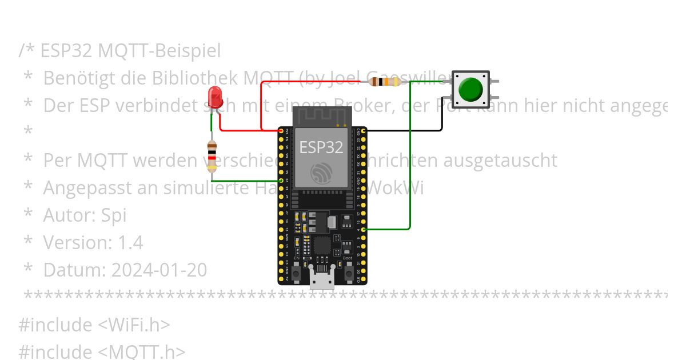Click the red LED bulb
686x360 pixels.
point(215,95)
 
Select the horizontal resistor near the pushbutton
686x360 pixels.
point(384,82)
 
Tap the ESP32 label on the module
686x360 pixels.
point(321,147)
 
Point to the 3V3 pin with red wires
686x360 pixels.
point(281,131)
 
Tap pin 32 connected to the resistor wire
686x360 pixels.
point(281,181)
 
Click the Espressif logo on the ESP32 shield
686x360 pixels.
point(321,173)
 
